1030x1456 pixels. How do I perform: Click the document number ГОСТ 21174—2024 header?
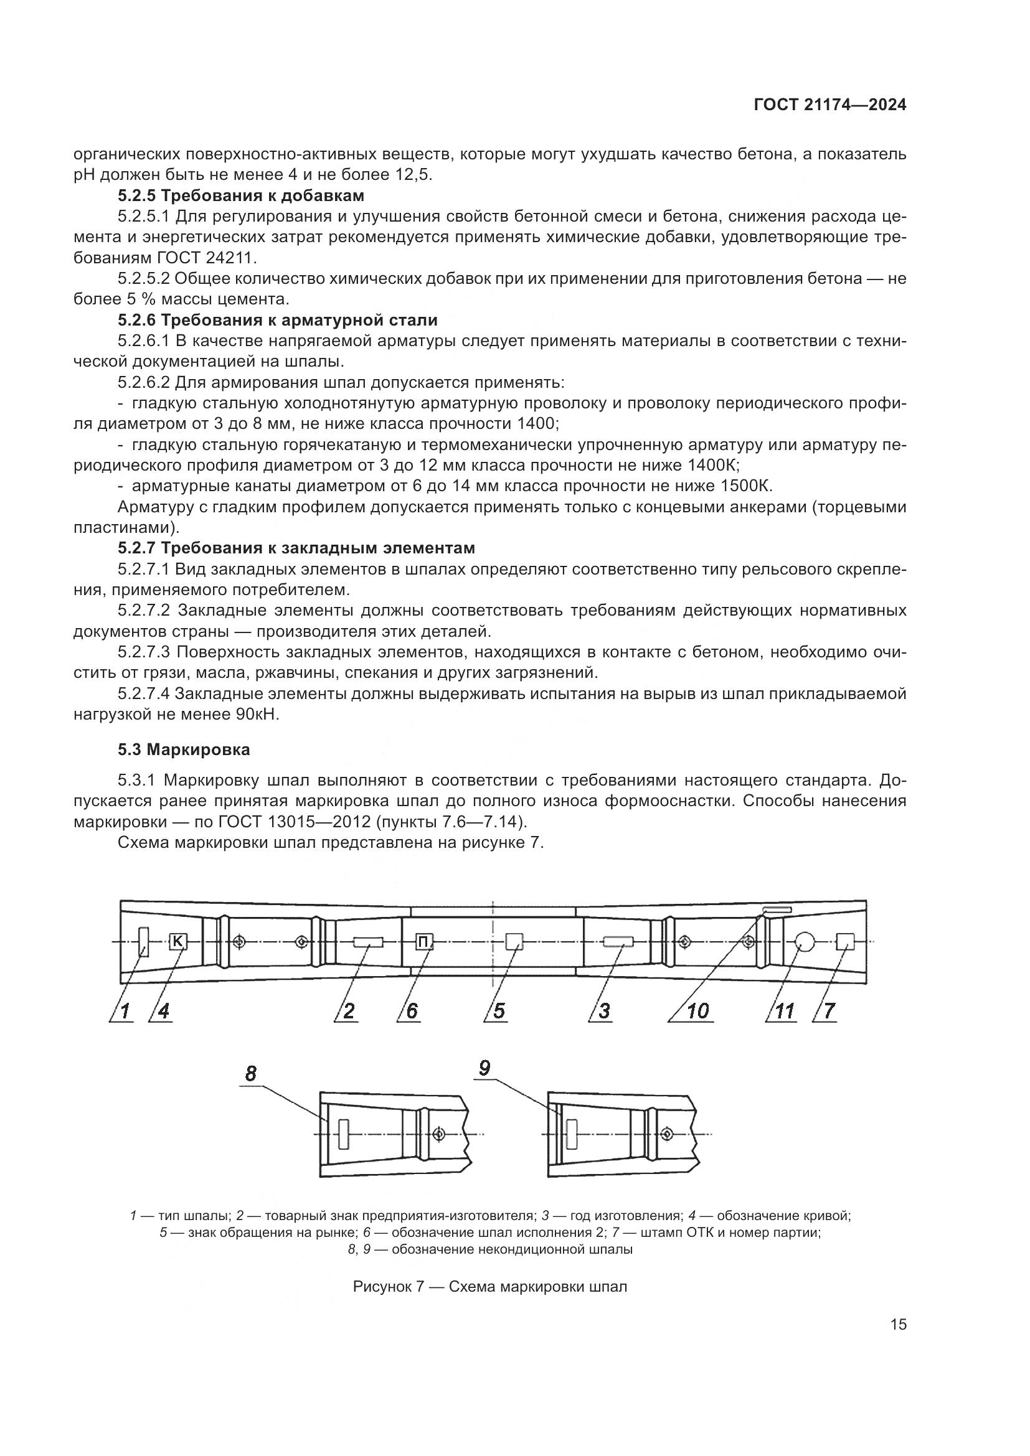[829, 105]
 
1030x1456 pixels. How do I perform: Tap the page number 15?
[898, 1324]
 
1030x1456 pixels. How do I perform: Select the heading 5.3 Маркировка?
[184, 749]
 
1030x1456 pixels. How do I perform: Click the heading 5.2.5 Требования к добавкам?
[241, 195]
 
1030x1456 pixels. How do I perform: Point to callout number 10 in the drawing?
[697, 1011]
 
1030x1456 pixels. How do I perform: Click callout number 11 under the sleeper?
[785, 1011]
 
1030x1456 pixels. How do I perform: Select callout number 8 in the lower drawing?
[251, 1074]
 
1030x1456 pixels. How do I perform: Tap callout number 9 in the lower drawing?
[484, 1069]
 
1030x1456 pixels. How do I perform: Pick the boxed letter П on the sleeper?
[423, 943]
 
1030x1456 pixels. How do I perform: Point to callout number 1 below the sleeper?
[125, 1011]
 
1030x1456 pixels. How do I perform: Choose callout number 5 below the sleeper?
[499, 1011]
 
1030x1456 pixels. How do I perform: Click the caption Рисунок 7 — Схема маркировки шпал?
[489, 1287]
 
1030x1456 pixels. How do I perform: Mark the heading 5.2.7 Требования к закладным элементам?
[296, 548]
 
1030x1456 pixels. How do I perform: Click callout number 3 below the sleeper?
[604, 1011]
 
